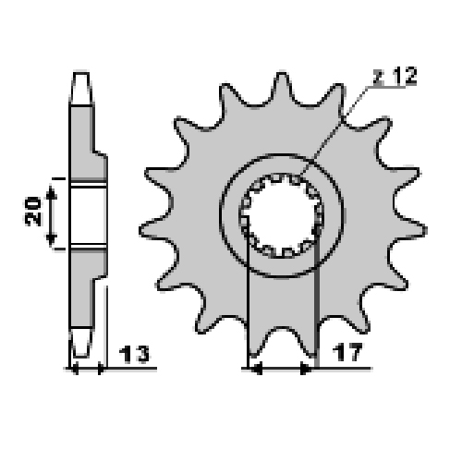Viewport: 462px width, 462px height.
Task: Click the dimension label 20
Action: [x=33, y=212]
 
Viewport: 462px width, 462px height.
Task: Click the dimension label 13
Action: [x=134, y=354]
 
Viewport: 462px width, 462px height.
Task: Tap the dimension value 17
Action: [x=348, y=352]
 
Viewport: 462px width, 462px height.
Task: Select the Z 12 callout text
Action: [x=395, y=76]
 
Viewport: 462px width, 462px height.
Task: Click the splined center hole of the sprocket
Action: [x=282, y=215]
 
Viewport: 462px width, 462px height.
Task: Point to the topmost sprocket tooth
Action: [x=282, y=85]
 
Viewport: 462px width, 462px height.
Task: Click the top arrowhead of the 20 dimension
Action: [x=52, y=192]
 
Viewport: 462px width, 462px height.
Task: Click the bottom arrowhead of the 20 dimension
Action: [x=52, y=239]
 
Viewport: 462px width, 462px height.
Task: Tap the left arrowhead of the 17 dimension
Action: [x=256, y=369]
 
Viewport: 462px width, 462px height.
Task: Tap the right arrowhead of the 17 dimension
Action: [x=306, y=369]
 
